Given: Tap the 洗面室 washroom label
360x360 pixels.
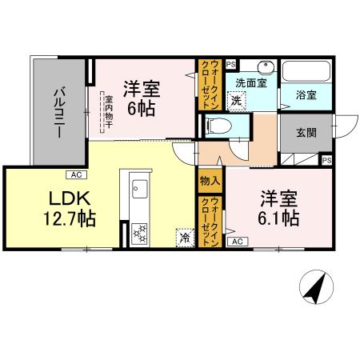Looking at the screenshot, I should (251, 82).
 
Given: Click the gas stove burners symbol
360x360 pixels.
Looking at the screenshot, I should (140, 233).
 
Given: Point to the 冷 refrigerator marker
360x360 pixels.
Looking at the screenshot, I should (184, 237).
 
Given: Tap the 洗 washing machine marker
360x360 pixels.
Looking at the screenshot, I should (235, 101).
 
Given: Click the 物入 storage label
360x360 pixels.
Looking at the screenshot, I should (209, 183).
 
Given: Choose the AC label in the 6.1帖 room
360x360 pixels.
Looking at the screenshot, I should (237, 241).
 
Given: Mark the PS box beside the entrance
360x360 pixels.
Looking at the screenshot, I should (326, 160).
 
